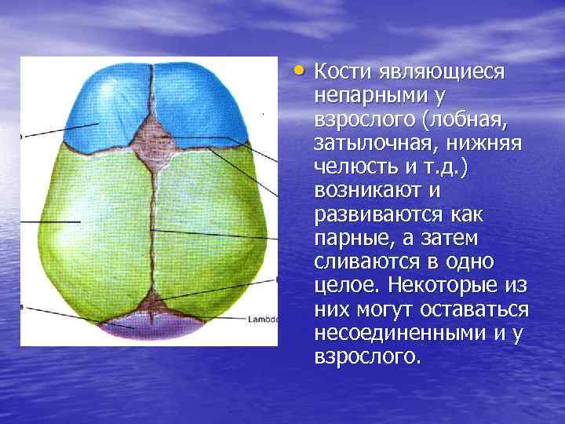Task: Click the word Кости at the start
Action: pos(338,72)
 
